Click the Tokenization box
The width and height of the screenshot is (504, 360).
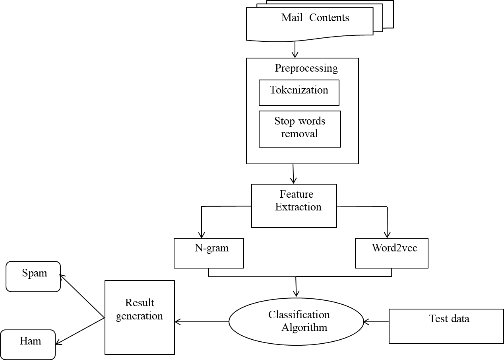point(299,92)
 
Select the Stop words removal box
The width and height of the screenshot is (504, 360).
point(300,129)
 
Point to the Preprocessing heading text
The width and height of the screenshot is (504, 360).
point(306,68)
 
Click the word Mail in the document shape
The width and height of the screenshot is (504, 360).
point(292,18)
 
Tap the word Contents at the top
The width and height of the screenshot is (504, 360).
point(329,18)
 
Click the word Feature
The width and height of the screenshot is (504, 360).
point(297,194)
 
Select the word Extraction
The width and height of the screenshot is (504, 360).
point(298,207)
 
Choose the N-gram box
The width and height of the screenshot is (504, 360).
point(209,253)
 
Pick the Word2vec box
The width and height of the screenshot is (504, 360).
point(392,253)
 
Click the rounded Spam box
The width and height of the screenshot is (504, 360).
point(33,276)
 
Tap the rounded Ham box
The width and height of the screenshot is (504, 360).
point(28,344)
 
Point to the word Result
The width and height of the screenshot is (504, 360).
point(140,303)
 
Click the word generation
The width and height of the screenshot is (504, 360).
point(140,316)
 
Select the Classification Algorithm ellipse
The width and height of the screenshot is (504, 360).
point(297,321)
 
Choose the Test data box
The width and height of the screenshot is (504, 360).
point(446,326)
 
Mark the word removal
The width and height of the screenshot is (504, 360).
point(300,134)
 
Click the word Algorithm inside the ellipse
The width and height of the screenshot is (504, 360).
point(304,328)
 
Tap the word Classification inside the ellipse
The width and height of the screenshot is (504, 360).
point(299,315)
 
